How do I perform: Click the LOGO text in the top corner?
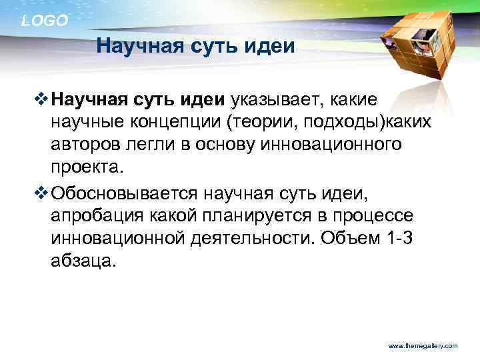(45, 21)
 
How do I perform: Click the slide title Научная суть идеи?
(195, 47)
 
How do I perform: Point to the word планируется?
(261, 217)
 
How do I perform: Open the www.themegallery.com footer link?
(423, 346)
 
